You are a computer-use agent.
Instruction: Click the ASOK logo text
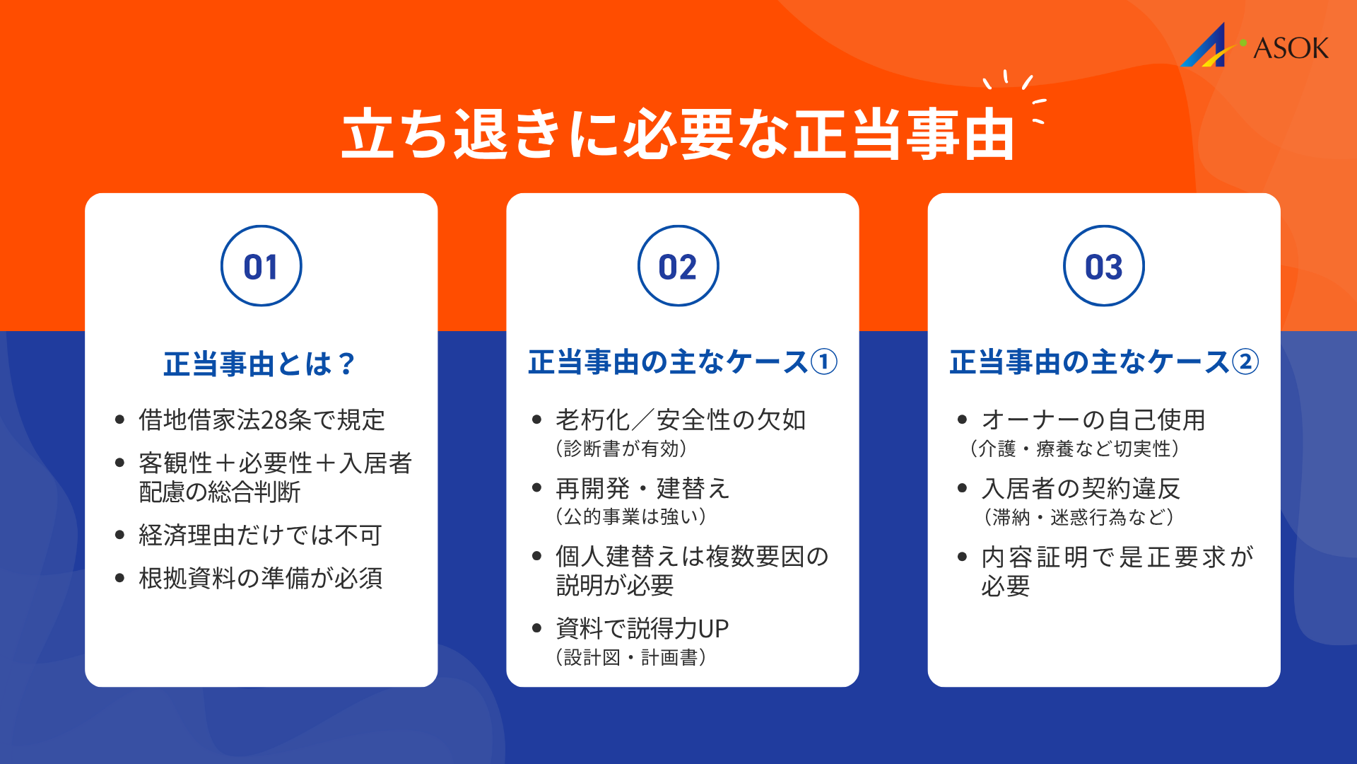pos(1290,48)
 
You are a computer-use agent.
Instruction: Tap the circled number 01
pos(261,266)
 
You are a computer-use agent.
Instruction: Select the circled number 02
pos(678,266)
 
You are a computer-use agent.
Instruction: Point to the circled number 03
pos(1103,266)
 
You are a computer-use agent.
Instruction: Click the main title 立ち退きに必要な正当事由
pos(678,134)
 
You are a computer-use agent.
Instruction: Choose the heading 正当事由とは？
pos(260,364)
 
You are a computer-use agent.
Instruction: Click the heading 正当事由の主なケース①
pos(683,362)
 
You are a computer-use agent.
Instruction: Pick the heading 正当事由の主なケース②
pos(1104,362)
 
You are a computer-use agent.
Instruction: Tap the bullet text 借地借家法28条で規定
pos(262,419)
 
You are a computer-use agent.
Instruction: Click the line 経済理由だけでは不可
pos(260,535)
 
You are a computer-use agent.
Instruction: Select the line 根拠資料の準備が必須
pos(261,578)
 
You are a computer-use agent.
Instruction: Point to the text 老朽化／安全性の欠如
pos(681,419)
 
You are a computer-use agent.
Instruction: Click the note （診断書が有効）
pos(621,448)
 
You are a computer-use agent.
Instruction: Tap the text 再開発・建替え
pos(642,488)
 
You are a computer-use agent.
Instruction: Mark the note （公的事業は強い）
pos(631,516)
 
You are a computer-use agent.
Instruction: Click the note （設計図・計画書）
pos(631,657)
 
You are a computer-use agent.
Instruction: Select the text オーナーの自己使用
pos(1093,419)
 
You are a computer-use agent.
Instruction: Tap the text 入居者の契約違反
pos(1081,488)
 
